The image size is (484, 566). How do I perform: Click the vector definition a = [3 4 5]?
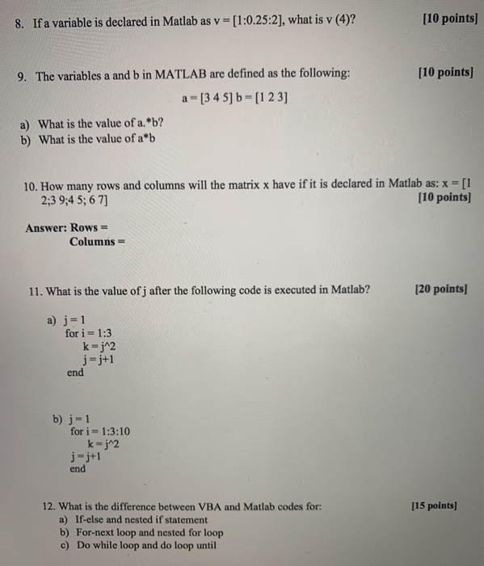209,99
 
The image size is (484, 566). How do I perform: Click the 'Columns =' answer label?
97,241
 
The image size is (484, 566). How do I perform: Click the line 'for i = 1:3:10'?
100,431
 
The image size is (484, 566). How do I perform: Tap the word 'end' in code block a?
75,373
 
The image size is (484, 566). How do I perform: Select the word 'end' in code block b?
78,468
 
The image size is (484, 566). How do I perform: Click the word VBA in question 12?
208,506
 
